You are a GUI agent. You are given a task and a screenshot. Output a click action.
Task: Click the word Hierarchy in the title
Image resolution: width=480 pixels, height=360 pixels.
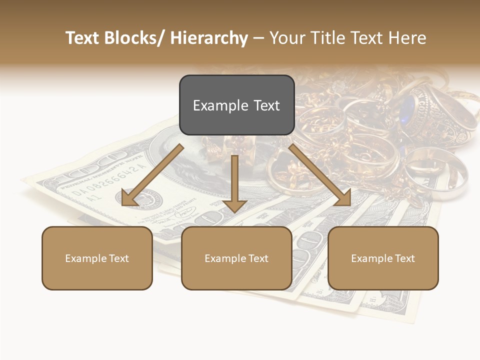209,38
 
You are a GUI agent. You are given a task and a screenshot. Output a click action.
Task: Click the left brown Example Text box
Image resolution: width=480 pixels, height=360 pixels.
97,258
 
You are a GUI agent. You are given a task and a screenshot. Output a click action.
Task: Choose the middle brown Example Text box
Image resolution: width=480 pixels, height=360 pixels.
236,258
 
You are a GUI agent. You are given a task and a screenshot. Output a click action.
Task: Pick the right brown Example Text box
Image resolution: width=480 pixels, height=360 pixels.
383,258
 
